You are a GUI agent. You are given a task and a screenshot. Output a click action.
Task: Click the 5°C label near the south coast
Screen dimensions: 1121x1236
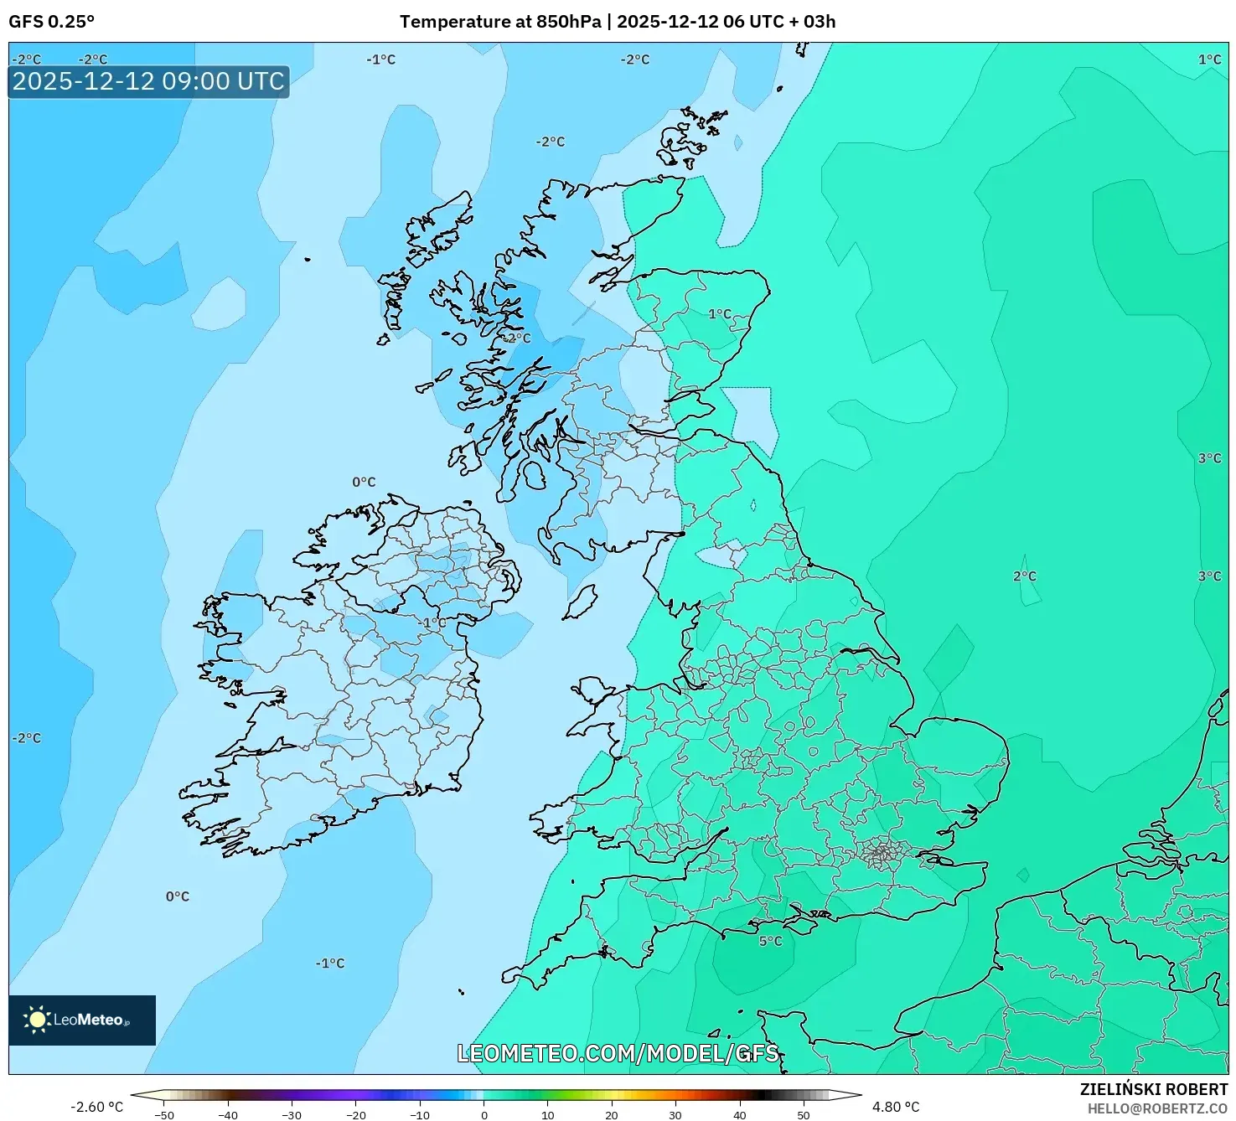770,941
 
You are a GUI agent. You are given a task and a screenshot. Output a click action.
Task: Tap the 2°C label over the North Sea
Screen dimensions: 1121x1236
1024,576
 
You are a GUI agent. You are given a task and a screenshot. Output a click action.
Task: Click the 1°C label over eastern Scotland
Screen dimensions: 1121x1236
720,314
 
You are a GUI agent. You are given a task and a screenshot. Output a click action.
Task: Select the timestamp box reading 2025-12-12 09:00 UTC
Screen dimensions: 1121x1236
148,81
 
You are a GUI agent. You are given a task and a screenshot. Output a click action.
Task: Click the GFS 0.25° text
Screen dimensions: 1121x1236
51,22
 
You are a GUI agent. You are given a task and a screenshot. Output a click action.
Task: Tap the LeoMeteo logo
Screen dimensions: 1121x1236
82,1020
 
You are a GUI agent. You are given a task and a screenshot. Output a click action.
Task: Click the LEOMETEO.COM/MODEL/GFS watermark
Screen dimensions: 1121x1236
618,1053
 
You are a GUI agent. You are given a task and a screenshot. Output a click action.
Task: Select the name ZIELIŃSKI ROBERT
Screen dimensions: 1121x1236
1153,1089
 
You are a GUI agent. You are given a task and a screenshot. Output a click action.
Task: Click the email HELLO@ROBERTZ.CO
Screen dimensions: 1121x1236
1156,1108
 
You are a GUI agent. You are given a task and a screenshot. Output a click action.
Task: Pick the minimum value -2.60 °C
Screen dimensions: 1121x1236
96,1107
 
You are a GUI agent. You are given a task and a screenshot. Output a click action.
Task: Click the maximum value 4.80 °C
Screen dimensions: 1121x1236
896,1107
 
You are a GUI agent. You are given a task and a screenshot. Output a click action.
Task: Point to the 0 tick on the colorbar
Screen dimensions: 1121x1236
484,1115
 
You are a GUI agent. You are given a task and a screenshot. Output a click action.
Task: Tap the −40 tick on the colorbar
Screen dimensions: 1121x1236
228,1115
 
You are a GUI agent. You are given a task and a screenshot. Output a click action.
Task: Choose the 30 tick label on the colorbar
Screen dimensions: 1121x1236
675,1115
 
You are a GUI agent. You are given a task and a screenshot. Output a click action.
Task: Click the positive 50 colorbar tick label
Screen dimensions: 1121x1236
804,1115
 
